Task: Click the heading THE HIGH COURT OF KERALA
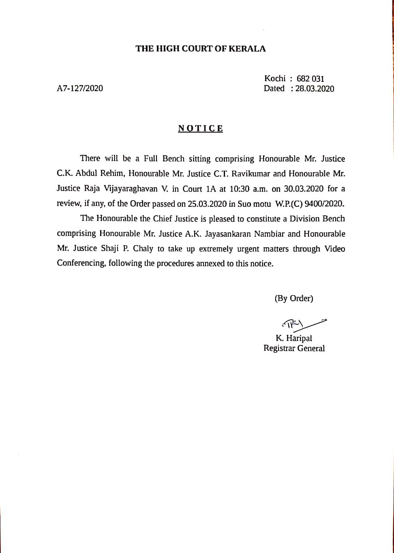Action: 201,49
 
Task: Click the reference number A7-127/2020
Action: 80,88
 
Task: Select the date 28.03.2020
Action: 315,89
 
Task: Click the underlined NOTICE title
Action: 201,129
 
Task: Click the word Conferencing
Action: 81,263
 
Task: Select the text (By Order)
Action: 294,298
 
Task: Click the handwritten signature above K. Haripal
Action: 302,324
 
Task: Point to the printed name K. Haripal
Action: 294,338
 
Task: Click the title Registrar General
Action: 294,348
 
